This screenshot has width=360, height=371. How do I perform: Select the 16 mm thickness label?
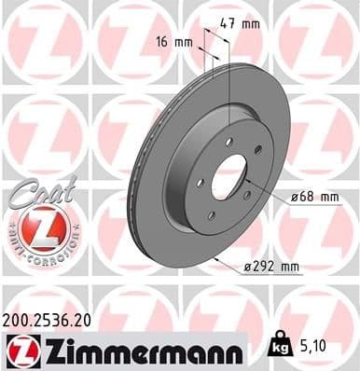click(173, 42)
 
